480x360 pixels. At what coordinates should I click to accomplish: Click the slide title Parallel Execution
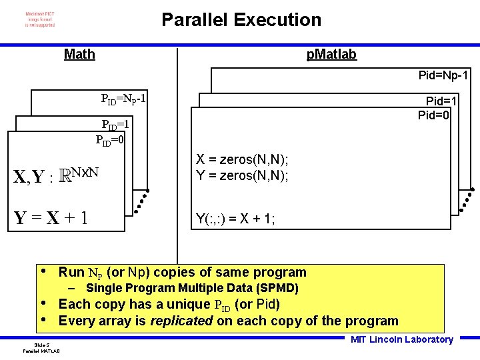241,20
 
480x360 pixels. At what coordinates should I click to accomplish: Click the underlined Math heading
79,55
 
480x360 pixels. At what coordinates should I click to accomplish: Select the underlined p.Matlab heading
331,55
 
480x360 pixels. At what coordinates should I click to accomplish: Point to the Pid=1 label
441,101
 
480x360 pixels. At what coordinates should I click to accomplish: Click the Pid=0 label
434,115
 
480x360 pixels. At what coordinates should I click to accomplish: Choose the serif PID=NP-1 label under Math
124,101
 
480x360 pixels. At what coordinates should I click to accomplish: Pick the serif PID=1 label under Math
115,125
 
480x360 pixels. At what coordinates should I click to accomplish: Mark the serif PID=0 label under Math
110,140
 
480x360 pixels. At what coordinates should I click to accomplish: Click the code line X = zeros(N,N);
242,160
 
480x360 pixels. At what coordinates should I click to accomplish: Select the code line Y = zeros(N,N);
242,176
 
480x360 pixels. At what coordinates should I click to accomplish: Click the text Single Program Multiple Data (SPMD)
192,289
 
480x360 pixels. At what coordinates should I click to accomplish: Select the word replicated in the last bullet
181,321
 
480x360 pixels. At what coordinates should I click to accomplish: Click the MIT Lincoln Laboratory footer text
402,339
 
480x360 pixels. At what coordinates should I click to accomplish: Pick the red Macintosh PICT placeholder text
40,19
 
